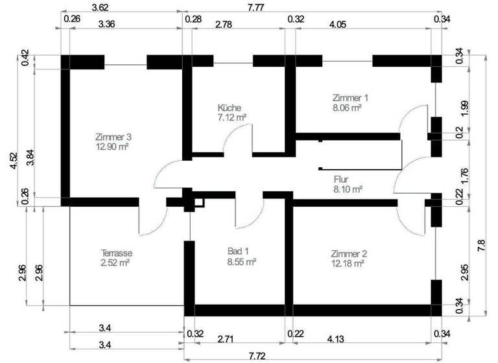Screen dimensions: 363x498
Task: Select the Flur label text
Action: [x=342, y=180]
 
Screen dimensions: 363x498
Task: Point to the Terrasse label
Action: [x=117, y=253]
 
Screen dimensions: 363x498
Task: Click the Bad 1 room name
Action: [x=238, y=252]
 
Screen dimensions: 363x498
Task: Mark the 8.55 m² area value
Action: [x=241, y=262]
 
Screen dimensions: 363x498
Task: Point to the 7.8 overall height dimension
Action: [x=480, y=246]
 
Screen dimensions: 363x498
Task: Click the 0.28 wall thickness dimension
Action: [x=193, y=19]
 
